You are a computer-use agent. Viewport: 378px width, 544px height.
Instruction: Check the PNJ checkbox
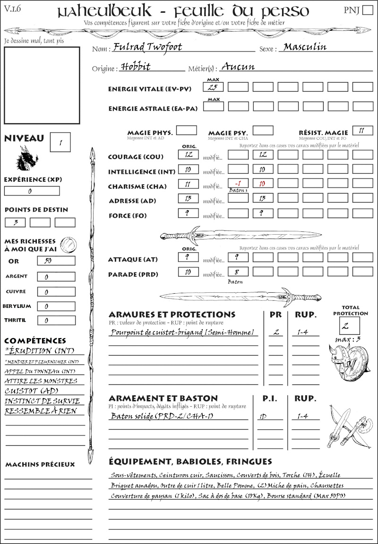(x=367, y=11)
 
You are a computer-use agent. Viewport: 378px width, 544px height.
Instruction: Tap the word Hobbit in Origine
(x=136, y=67)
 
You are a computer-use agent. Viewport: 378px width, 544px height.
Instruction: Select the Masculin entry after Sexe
(x=305, y=47)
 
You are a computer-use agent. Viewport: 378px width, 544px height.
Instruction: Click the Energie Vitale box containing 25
(x=213, y=87)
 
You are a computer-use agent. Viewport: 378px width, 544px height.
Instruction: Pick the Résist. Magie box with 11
(x=362, y=131)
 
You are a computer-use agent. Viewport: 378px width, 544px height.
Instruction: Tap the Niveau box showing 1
(x=60, y=142)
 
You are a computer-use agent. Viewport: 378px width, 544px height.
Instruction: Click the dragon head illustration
(x=27, y=158)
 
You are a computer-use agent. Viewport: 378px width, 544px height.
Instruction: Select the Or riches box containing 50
(x=56, y=261)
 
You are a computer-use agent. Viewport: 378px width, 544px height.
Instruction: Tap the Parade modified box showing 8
(x=238, y=272)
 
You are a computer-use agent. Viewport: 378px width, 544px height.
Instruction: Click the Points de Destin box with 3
(x=15, y=222)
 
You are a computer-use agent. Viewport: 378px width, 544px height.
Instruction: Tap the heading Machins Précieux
(x=40, y=465)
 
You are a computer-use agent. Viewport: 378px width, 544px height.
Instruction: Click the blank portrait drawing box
(x=42, y=85)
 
